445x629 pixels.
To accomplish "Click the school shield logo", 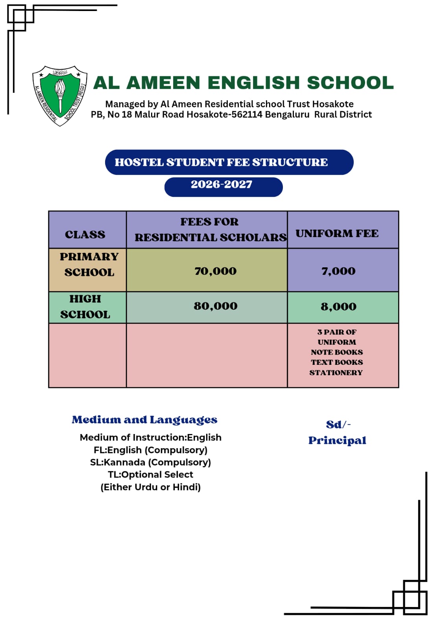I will (x=60, y=96).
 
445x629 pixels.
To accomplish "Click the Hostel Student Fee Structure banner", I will (x=229, y=162).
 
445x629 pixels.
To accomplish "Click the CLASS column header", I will (x=85, y=234).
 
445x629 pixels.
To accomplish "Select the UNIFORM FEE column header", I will (x=337, y=234).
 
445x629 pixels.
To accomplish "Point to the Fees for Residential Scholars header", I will (x=210, y=230).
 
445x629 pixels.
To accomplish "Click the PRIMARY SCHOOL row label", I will (x=89, y=265).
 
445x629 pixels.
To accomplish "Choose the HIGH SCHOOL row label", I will (x=85, y=307).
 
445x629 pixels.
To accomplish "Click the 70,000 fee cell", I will (x=215, y=271).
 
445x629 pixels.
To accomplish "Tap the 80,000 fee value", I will (x=215, y=306).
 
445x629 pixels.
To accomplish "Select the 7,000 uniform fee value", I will (x=338, y=271).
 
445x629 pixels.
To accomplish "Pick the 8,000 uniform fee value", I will (x=338, y=306).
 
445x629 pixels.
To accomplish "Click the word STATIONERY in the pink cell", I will (x=336, y=372).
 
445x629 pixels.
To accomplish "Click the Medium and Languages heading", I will (x=144, y=420).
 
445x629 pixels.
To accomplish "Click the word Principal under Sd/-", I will (x=337, y=440).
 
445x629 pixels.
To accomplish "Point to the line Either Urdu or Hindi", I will (x=150, y=487).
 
